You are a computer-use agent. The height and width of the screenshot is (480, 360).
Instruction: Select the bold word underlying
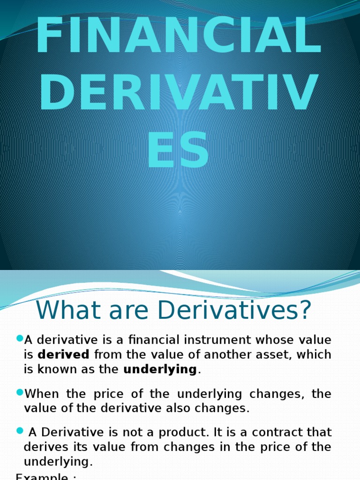tap(160, 369)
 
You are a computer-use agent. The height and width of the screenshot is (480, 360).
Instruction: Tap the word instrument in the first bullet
tap(203, 340)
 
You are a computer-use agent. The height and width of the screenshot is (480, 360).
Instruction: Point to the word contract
tap(275, 432)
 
